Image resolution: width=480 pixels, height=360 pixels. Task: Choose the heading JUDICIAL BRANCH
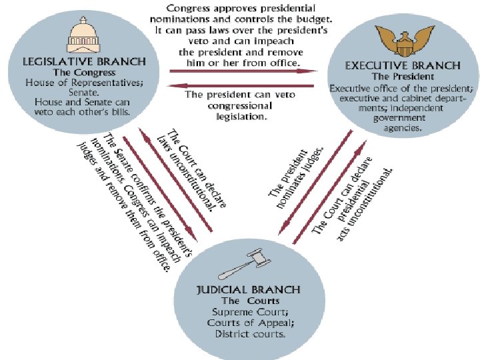[247, 289]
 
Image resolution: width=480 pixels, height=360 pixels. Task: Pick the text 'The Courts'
[247, 301]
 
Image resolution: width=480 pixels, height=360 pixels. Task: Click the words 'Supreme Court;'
[247, 312]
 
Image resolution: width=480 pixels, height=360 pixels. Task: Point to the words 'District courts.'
[247, 333]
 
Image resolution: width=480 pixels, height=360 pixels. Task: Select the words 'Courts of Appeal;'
[247, 323]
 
